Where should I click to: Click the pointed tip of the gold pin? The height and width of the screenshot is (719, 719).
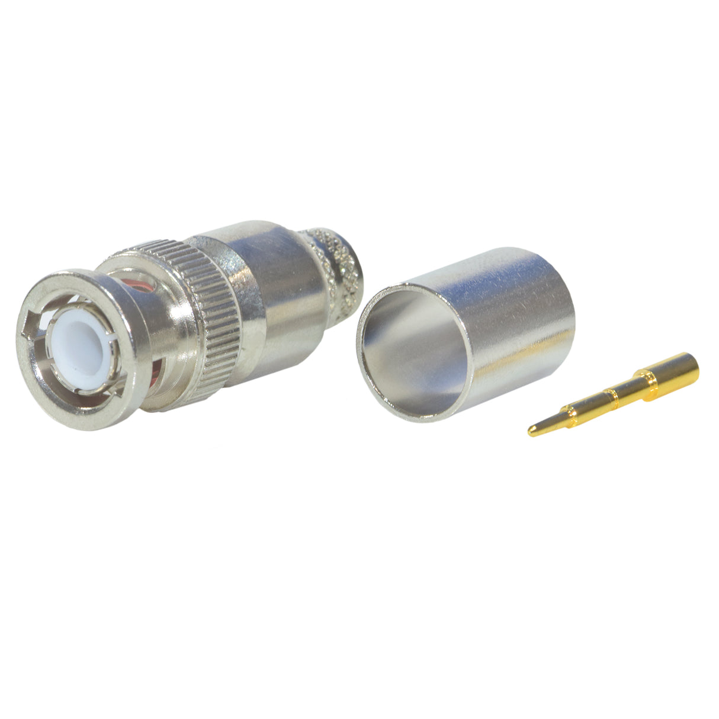point(532,433)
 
